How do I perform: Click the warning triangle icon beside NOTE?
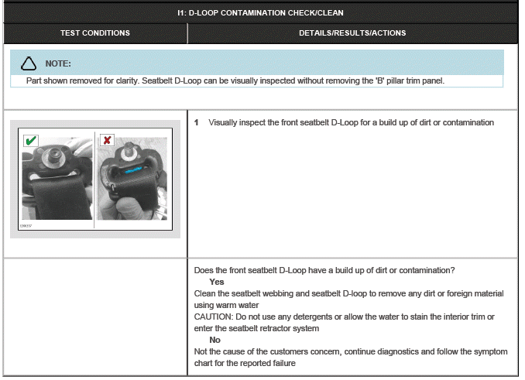tap(29, 63)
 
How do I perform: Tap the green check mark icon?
tap(30, 141)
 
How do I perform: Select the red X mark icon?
tap(107, 141)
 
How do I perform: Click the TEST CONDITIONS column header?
tap(95, 33)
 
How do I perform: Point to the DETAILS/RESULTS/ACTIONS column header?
tap(352, 33)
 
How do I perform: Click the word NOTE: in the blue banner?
tap(58, 63)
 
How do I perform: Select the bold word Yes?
tap(217, 282)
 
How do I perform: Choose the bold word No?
tap(214, 340)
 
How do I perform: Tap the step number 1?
tap(197, 122)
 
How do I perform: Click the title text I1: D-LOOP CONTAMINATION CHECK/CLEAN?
tap(260, 12)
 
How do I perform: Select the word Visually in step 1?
tap(225, 122)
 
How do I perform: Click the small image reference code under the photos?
tap(26, 226)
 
